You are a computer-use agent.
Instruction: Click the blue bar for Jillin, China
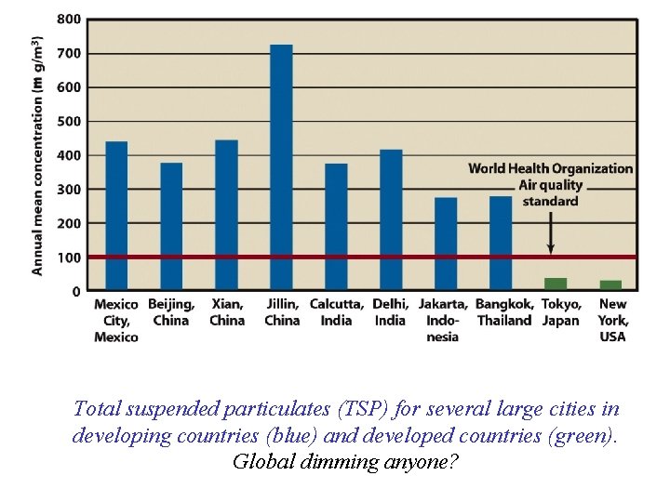(x=281, y=167)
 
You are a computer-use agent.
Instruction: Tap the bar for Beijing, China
(x=171, y=227)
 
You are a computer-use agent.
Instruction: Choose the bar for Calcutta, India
(x=336, y=227)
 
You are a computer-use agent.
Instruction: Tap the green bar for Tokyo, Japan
(x=556, y=284)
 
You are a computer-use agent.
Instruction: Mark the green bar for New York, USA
(x=610, y=284)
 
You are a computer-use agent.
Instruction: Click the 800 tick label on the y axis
(x=69, y=19)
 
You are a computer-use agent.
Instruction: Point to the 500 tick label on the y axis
(x=69, y=121)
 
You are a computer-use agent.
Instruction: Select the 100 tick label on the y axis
(x=69, y=258)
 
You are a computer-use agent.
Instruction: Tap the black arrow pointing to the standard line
(x=551, y=232)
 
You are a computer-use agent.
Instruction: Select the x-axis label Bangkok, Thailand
(x=503, y=312)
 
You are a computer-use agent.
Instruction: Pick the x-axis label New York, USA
(x=612, y=320)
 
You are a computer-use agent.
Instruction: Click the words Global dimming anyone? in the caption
(x=345, y=460)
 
